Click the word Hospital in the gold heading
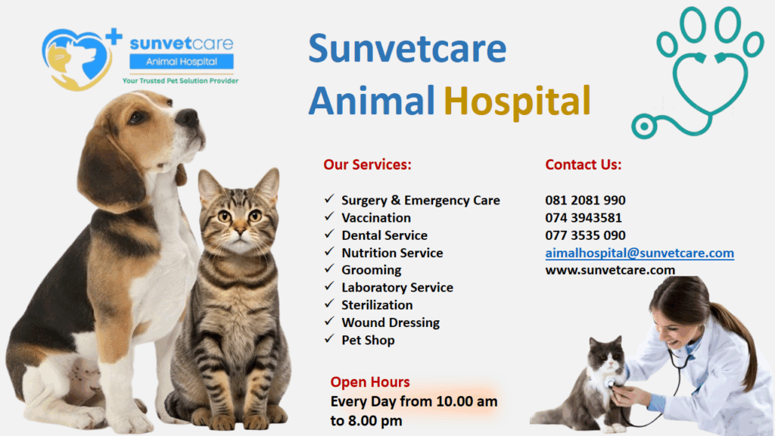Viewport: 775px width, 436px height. click(x=517, y=101)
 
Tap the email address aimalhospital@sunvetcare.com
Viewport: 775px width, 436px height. click(x=640, y=253)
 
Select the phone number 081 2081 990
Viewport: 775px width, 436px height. click(x=585, y=200)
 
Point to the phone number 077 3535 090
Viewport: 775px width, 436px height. click(x=585, y=235)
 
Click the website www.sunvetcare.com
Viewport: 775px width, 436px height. click(x=610, y=270)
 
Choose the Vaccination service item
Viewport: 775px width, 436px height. click(x=376, y=218)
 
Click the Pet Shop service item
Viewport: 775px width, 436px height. click(x=369, y=340)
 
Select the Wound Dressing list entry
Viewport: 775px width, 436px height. click(x=391, y=322)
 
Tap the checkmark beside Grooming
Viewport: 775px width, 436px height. click(x=330, y=269)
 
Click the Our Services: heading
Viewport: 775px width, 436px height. click(x=367, y=164)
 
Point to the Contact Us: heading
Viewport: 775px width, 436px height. click(x=584, y=164)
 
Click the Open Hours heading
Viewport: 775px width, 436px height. click(x=370, y=382)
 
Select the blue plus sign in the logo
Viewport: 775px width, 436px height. click(x=114, y=37)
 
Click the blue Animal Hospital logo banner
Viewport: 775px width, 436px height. click(x=182, y=62)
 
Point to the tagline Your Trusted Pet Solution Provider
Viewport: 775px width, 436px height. click(x=180, y=80)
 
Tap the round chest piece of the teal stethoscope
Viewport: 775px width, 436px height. click(x=644, y=126)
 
